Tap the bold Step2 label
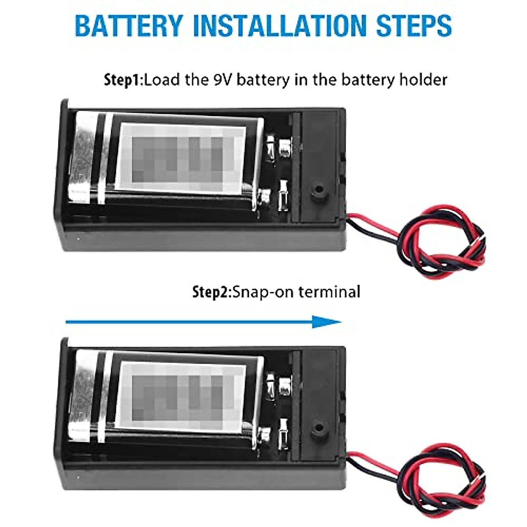[211, 292]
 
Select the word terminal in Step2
[329, 292]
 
